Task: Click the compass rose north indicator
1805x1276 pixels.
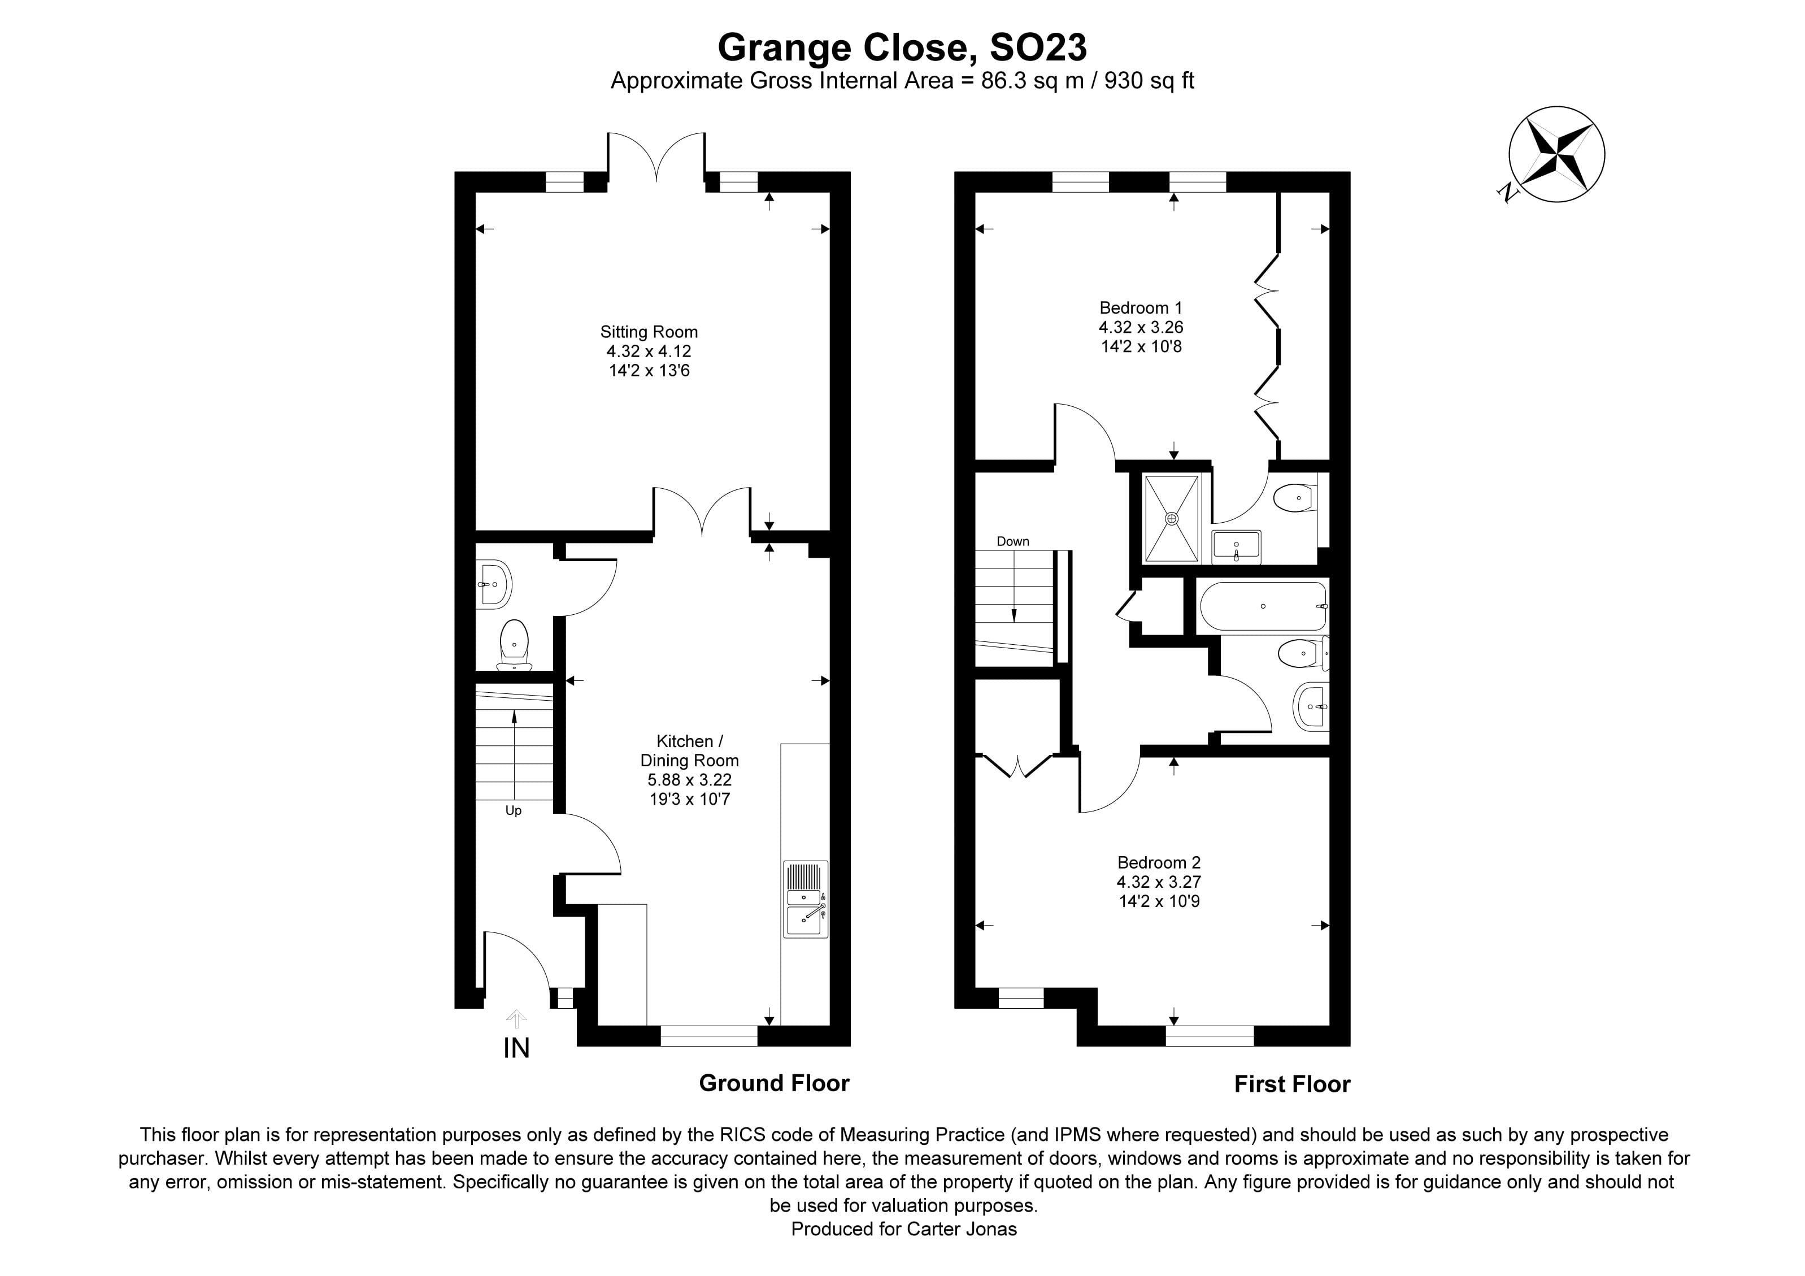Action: coord(1556,155)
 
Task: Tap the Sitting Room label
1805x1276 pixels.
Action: coord(649,332)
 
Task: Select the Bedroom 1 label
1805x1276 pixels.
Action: coord(1140,307)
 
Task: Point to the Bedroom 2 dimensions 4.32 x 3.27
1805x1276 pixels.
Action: coord(1159,882)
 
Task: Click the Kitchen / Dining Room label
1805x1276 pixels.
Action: coord(689,751)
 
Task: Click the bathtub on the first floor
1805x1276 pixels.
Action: coord(1263,606)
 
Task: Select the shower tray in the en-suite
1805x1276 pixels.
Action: coord(1171,518)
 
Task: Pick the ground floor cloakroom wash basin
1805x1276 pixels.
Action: coord(494,584)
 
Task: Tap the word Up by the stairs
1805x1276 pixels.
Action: coord(514,810)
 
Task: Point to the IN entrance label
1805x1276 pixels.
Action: coord(516,1048)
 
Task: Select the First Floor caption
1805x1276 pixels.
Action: coord(1291,1084)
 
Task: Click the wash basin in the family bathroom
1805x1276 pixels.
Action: coord(1311,706)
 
